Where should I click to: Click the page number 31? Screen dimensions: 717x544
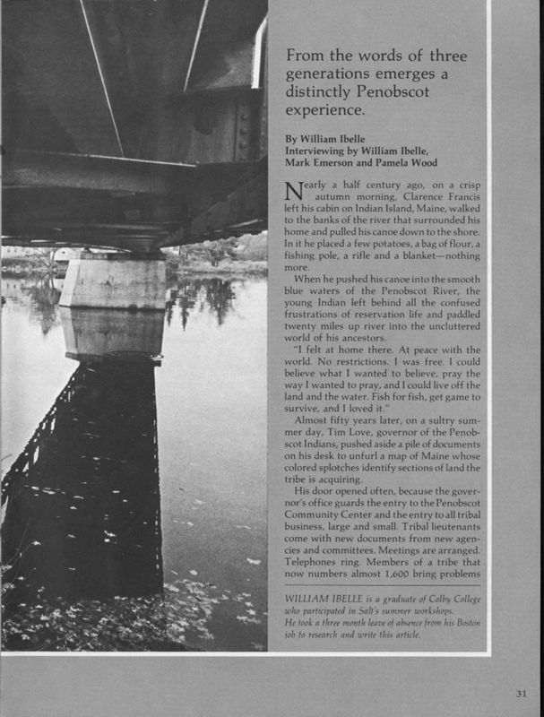(522, 691)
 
